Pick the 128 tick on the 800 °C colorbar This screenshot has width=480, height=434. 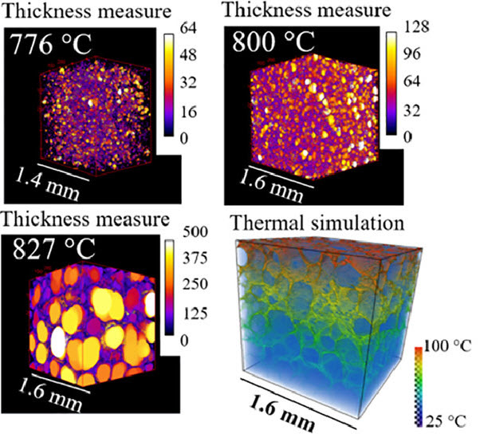click(417, 26)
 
